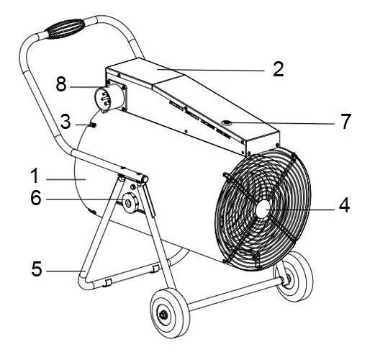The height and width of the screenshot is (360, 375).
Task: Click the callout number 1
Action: (x=35, y=176)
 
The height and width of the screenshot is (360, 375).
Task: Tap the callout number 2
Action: (x=279, y=69)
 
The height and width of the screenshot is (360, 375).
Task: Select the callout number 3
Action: (x=65, y=122)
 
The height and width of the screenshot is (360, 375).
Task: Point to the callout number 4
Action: (x=344, y=205)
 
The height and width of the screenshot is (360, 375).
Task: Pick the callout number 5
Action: (x=37, y=269)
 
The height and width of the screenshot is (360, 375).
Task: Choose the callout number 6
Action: (x=36, y=198)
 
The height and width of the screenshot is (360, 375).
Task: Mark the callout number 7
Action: (x=345, y=122)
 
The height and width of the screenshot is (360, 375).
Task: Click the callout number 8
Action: (x=61, y=84)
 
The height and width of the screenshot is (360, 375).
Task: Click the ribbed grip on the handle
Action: (x=65, y=29)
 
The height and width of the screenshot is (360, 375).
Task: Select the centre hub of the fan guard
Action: (x=263, y=209)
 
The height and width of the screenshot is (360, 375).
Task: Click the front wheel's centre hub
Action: (x=164, y=315)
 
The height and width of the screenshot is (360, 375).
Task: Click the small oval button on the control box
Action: (x=227, y=123)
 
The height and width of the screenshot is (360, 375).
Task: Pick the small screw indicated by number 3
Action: (x=92, y=125)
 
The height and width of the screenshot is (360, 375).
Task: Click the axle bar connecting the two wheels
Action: (x=235, y=293)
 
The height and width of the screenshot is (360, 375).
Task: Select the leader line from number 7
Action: (x=283, y=123)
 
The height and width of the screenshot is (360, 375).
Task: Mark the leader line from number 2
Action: (x=211, y=70)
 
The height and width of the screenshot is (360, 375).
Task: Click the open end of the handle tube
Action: (x=145, y=179)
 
